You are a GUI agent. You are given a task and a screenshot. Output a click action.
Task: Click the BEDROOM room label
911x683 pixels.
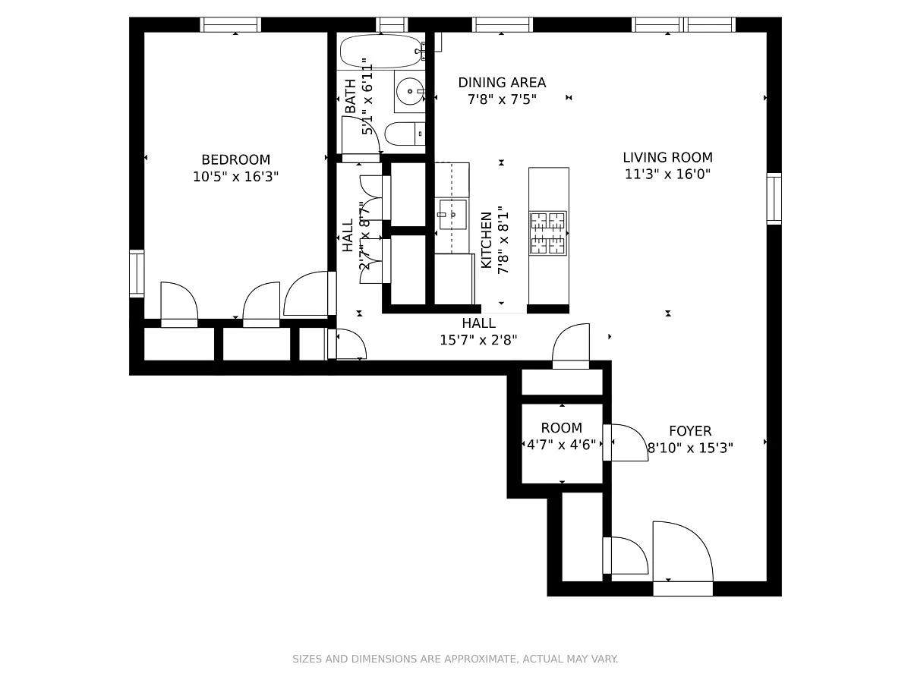tap(236, 159)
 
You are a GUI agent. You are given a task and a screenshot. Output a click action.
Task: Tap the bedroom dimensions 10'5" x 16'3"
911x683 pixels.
tap(236, 177)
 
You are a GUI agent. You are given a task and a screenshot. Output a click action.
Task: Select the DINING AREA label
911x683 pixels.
tap(502, 83)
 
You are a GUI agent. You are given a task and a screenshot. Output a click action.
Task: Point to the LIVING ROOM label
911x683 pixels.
tap(668, 158)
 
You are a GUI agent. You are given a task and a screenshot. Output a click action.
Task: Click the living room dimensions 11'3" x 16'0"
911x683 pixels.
tap(668, 175)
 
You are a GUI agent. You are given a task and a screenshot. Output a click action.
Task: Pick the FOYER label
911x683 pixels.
tap(690, 431)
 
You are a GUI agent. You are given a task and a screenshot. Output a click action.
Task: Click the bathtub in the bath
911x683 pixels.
tap(381, 51)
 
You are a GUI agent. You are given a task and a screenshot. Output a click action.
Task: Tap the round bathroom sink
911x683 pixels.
tap(410, 91)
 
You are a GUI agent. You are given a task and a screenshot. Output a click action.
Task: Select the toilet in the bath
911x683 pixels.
tap(405, 134)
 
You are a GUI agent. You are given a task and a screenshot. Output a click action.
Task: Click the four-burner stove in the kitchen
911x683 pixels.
tap(548, 233)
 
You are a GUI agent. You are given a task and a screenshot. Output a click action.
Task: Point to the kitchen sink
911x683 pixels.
tap(452, 215)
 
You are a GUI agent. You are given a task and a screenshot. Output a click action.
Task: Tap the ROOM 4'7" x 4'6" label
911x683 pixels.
tap(562, 436)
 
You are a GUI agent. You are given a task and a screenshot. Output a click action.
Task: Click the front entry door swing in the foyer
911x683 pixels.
tap(682, 552)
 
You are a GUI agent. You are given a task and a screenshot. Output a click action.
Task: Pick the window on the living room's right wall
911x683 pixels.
tap(774, 199)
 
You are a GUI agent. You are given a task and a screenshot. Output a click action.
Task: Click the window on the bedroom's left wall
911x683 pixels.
tap(137, 274)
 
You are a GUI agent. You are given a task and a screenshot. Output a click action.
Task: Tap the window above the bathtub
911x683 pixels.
tap(392, 25)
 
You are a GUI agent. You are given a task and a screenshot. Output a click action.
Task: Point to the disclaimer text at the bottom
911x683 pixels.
tap(455, 659)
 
